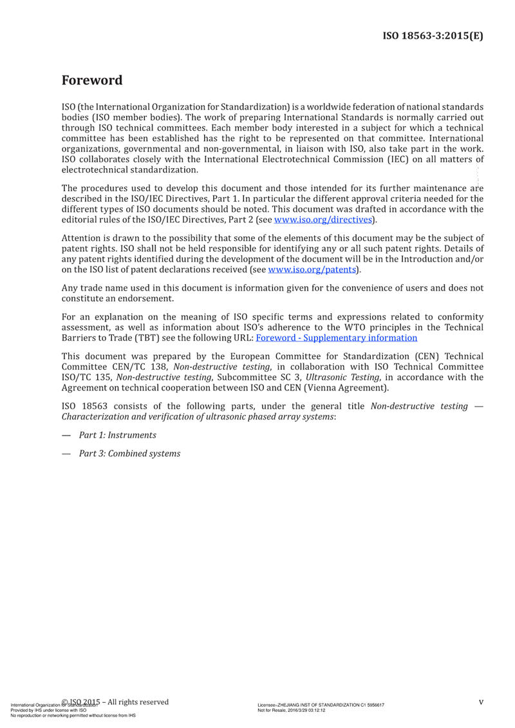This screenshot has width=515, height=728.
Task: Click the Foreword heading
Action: tap(91, 81)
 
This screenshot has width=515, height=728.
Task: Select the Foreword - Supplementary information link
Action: tap(336, 337)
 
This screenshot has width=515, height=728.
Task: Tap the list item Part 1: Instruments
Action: tap(117, 436)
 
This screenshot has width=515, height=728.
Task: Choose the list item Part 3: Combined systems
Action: tap(129, 454)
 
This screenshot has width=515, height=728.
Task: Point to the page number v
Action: tap(480, 702)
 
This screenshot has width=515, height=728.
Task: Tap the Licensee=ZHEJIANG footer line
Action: tap(320, 705)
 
